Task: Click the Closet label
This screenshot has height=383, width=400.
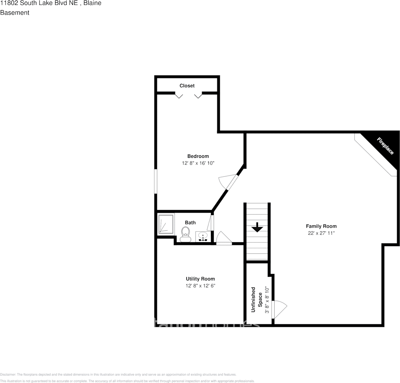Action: (x=187, y=86)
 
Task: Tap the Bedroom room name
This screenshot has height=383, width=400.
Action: (x=198, y=156)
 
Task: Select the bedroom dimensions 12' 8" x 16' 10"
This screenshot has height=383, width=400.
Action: (x=198, y=163)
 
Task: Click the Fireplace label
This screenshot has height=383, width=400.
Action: (x=385, y=146)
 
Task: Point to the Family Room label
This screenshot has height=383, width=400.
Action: (x=321, y=226)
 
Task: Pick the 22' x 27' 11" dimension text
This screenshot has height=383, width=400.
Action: (x=321, y=233)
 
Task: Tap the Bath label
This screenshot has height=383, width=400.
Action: (x=190, y=222)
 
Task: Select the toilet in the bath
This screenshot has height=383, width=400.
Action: (x=185, y=234)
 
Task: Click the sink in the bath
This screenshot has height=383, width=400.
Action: (x=203, y=236)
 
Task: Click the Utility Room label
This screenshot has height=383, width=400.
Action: (x=200, y=279)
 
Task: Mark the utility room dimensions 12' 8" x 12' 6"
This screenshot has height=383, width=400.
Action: (x=200, y=286)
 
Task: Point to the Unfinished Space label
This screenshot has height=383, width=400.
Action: (x=257, y=299)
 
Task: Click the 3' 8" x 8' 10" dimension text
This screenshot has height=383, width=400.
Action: (x=267, y=299)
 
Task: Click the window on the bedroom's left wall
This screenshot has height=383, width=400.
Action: (x=156, y=181)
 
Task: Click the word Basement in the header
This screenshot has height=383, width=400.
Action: (x=15, y=13)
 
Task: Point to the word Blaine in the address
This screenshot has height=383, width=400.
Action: (x=92, y=3)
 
